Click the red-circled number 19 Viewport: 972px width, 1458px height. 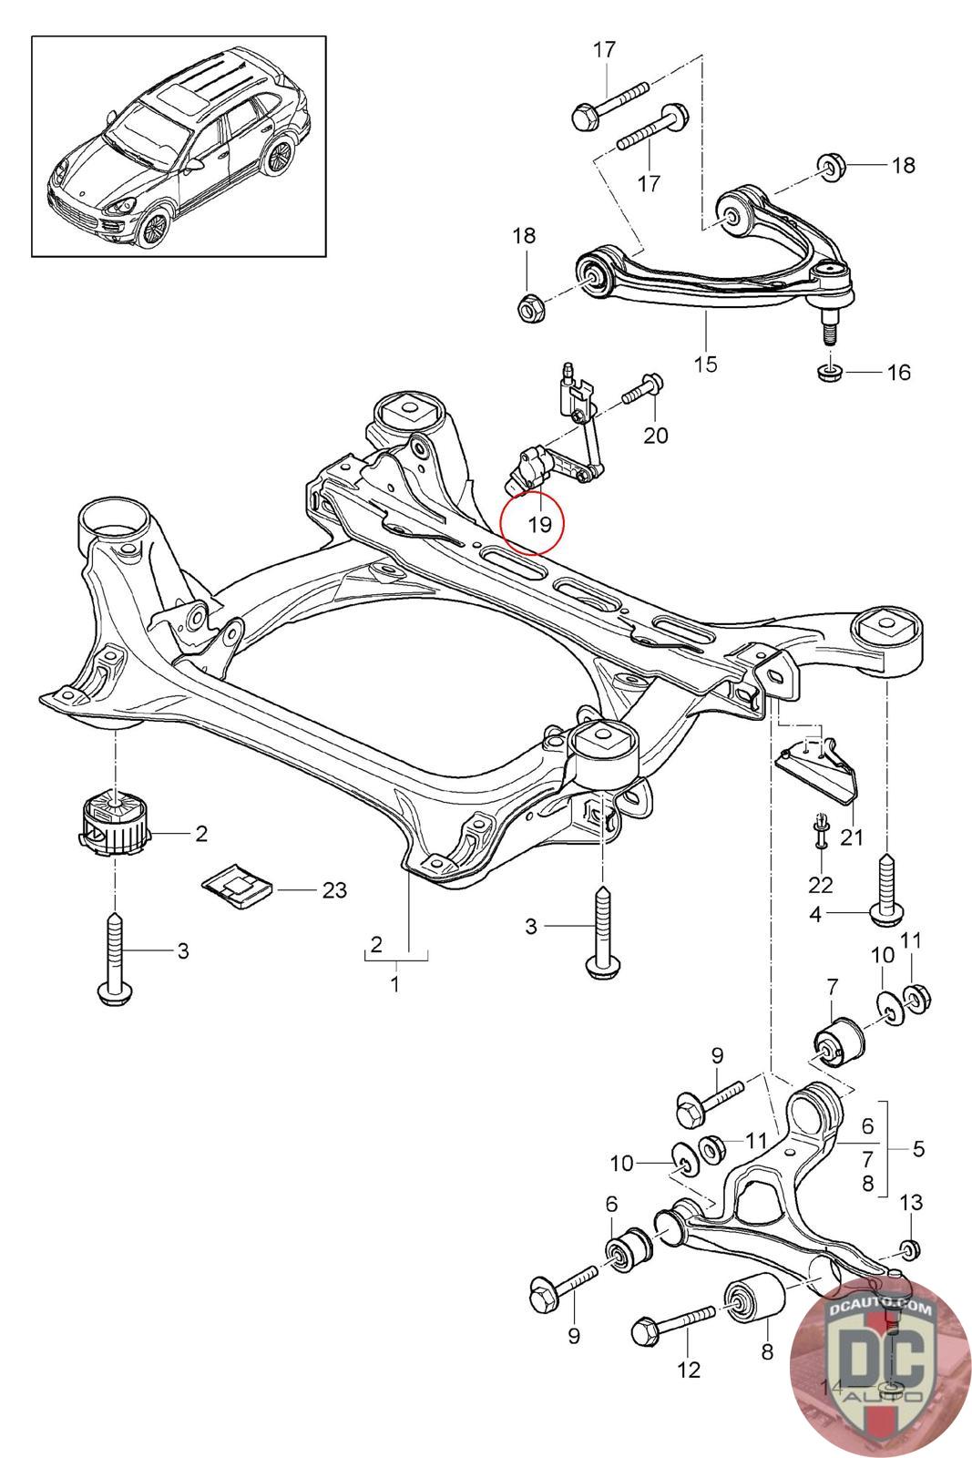point(540,524)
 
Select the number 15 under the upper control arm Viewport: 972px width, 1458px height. point(705,364)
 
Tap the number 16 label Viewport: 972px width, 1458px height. point(898,372)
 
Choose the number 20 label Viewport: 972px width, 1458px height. point(656,435)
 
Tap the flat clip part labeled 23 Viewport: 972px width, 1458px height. point(236,885)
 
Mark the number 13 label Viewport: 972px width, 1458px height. point(911,1202)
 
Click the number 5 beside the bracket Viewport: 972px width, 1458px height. point(917,1148)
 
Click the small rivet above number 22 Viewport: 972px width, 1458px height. point(821,825)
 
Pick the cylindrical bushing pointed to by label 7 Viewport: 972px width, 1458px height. point(836,1042)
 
